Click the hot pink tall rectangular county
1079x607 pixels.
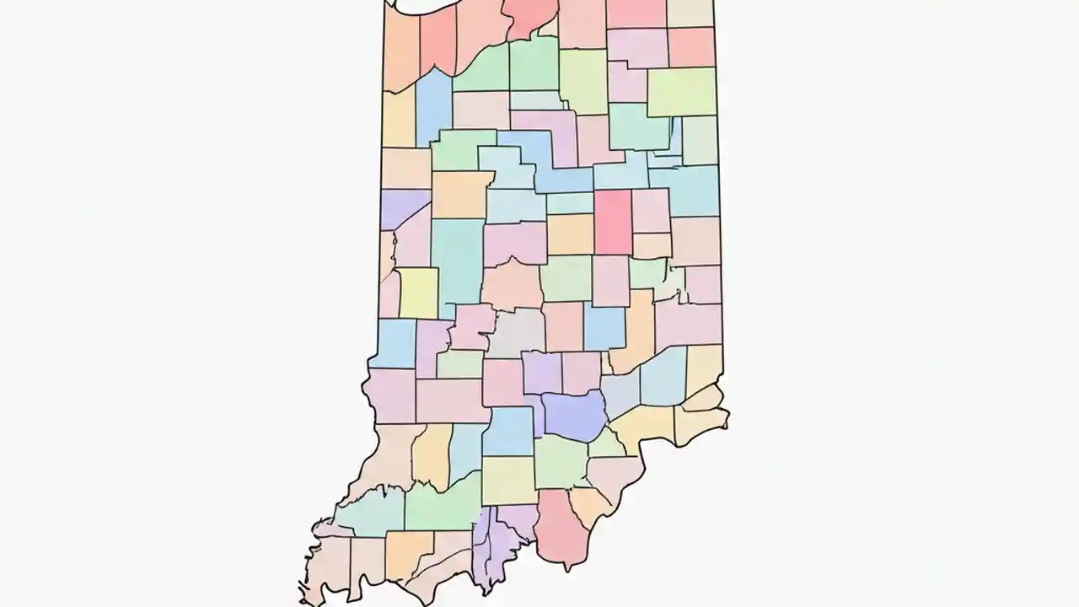click(613, 222)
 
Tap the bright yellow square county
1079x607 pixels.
click(418, 293)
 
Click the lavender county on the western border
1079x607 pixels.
click(405, 207)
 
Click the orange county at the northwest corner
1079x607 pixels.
click(401, 50)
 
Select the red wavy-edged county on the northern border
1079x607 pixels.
click(532, 16)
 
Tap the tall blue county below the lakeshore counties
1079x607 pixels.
click(432, 106)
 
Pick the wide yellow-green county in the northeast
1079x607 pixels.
click(681, 91)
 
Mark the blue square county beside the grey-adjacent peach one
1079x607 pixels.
click(604, 328)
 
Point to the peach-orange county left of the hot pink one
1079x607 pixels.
click(571, 234)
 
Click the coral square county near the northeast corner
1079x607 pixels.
click(691, 46)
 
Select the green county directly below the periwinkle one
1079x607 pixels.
click(561, 462)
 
